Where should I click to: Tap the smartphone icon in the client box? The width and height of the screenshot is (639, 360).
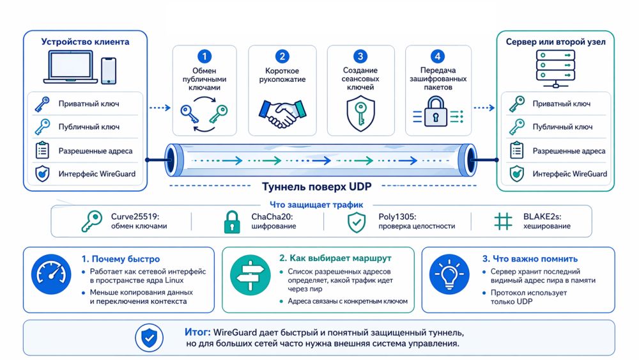coord(109,70)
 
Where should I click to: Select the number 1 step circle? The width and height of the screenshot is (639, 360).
coord(204,57)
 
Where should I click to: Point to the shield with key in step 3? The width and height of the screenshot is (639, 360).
coord(360,111)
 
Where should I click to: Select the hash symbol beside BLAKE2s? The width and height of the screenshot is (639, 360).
coord(504,221)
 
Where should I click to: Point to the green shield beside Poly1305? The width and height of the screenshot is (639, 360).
coord(356,222)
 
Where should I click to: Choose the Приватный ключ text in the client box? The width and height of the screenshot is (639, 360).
coord(89,104)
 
